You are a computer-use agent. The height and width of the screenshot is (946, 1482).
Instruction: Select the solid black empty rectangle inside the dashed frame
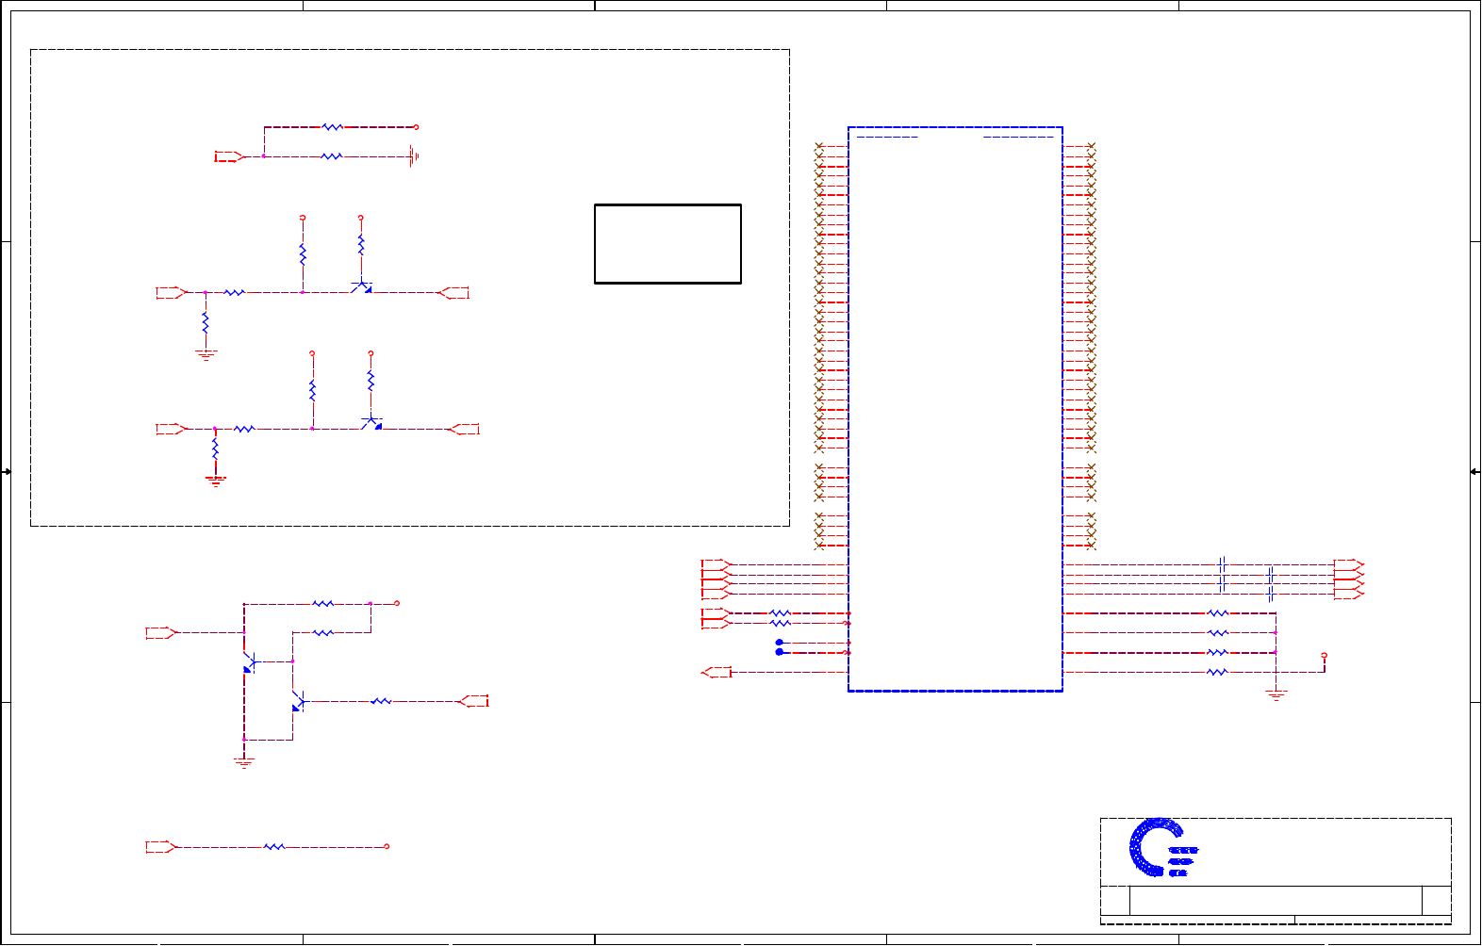click(x=667, y=243)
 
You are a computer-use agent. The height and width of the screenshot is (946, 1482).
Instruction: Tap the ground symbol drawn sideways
click(x=413, y=157)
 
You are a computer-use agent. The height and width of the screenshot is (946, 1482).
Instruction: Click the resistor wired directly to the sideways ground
click(x=332, y=157)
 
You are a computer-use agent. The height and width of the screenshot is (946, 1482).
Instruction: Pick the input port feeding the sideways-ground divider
click(x=228, y=156)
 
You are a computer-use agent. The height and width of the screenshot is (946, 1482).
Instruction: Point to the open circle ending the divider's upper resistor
click(x=416, y=126)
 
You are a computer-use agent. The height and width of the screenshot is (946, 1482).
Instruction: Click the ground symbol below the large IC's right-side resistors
click(x=1276, y=695)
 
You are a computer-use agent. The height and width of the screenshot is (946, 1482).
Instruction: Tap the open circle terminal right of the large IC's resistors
click(x=1325, y=655)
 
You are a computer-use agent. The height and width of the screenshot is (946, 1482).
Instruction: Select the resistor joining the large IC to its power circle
click(x=1217, y=672)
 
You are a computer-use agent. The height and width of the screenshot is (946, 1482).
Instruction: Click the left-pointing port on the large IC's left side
click(x=717, y=672)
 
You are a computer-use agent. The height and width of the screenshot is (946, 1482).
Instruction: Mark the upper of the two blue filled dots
click(x=780, y=643)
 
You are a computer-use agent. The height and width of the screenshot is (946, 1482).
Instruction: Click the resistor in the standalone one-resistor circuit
click(x=274, y=847)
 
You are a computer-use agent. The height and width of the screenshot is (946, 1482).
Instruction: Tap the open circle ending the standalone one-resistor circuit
click(x=387, y=846)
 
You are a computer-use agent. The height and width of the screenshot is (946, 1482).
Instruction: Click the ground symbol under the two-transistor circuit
click(x=244, y=762)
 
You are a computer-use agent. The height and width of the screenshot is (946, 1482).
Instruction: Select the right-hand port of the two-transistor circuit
click(x=473, y=701)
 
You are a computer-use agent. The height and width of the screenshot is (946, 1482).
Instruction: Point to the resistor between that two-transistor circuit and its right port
click(x=380, y=701)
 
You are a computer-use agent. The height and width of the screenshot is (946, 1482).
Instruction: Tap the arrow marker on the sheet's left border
click(x=7, y=471)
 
